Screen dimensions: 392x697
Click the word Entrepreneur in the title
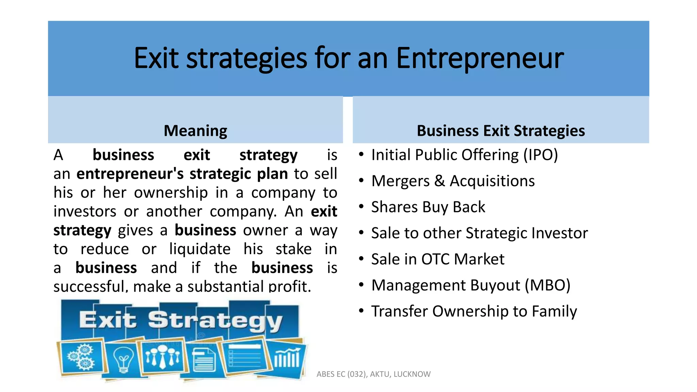point(480,58)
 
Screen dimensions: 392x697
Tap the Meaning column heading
point(195,131)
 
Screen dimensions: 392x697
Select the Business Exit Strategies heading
point(501,131)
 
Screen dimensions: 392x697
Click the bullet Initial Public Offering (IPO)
point(464,155)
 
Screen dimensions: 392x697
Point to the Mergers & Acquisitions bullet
point(453,181)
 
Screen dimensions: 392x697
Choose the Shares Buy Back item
point(428,207)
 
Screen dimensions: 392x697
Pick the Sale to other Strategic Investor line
point(479,233)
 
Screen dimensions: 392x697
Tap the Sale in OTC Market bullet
point(437,259)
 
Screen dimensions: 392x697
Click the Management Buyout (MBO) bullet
point(470,285)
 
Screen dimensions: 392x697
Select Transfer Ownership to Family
point(474,311)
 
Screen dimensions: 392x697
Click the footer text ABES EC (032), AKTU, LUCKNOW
point(373,374)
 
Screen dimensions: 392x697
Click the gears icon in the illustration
point(81,357)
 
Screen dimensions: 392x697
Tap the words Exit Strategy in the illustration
point(180,321)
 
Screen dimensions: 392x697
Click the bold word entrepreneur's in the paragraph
point(130,174)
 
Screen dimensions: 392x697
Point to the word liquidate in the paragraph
point(200,249)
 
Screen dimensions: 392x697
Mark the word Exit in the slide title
point(156,58)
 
